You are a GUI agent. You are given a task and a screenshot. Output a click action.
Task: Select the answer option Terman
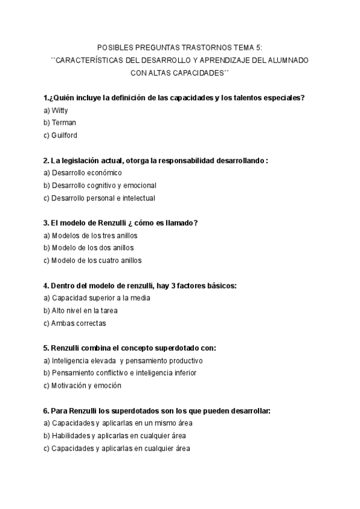tap(59, 123)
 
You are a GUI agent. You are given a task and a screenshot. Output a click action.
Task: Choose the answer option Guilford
tap(61, 136)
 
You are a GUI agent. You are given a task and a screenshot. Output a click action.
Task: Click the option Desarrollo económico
tap(82, 173)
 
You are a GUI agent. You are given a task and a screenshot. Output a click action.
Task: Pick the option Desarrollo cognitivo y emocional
tap(100, 185)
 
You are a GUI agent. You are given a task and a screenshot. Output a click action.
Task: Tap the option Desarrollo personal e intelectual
tap(99, 198)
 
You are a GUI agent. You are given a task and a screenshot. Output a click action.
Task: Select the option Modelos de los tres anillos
tap(91, 235)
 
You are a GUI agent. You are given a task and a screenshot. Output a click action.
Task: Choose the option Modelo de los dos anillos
tap(88, 248)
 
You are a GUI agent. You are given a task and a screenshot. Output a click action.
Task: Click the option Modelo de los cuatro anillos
tap(92, 261)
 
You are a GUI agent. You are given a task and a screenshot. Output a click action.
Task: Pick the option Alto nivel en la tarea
tap(80, 310)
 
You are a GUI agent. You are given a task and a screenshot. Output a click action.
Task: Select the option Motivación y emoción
tap(82, 385)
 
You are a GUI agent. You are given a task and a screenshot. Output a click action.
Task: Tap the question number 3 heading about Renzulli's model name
tap(121, 223)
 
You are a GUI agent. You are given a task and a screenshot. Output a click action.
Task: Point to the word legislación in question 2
tap(79, 160)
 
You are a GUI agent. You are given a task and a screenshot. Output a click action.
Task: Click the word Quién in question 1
tap(64, 98)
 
